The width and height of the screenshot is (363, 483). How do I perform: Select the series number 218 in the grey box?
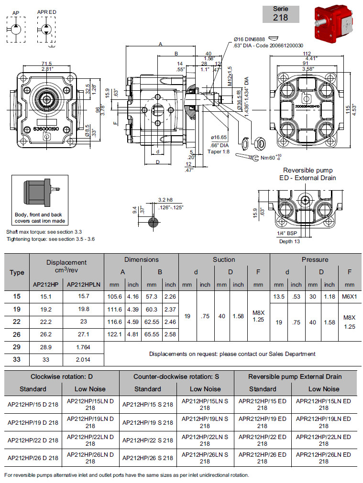point(281,18)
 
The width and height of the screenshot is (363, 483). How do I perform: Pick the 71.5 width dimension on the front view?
point(46,64)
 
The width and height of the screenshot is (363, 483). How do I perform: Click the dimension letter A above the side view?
point(161,44)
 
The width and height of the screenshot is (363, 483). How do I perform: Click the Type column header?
point(17,272)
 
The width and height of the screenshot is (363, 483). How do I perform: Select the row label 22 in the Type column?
point(17,322)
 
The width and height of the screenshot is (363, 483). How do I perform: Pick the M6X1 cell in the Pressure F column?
point(350,297)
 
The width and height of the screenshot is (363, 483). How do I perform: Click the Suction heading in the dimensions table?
point(224,259)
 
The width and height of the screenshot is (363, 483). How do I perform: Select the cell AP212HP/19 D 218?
point(33,422)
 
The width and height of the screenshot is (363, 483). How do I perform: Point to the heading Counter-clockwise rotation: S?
point(176,376)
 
